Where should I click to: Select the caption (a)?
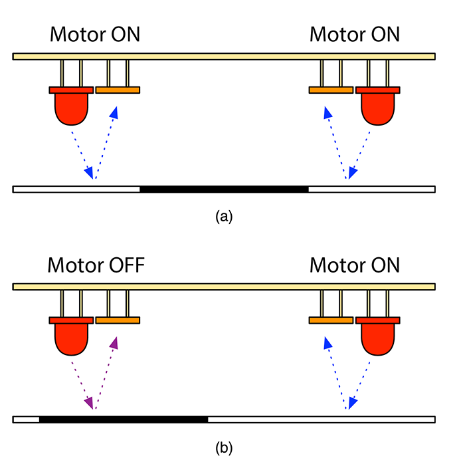pyautogui.click(x=224, y=216)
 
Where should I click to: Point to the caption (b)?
pyautogui.click(x=224, y=448)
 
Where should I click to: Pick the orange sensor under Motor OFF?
pyautogui.click(x=118, y=320)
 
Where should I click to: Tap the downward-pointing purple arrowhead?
pyautogui.click(x=88, y=403)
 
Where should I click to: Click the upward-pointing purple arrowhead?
pyautogui.click(x=114, y=342)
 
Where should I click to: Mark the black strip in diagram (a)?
pyautogui.click(x=224, y=189)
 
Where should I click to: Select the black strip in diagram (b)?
pyautogui.click(x=124, y=419)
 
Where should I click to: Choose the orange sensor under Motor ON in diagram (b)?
pyautogui.click(x=331, y=320)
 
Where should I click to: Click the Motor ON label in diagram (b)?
pyautogui.click(x=355, y=266)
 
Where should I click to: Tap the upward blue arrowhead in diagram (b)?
pyautogui.click(x=326, y=342)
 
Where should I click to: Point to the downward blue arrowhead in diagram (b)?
pyautogui.click(x=352, y=403)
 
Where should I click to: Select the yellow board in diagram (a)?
pyautogui.click(x=224, y=56)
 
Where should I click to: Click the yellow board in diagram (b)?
pyautogui.click(x=224, y=287)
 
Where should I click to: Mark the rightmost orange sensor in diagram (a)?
pyautogui.click(x=331, y=90)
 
